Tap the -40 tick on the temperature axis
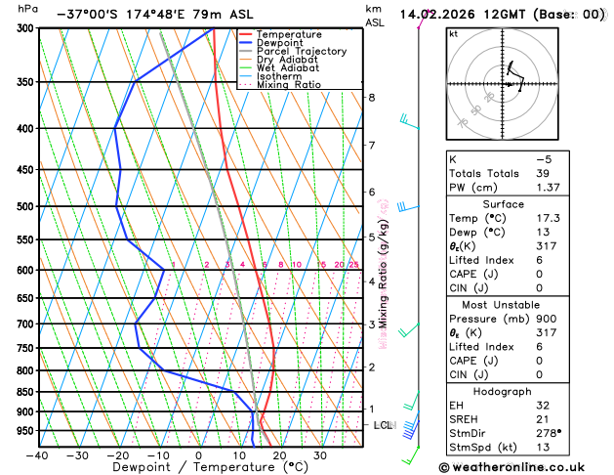(x=38, y=454)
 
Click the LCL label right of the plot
(x=384, y=425)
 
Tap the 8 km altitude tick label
(x=371, y=98)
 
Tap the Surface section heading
(x=516, y=203)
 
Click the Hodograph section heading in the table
(x=516, y=391)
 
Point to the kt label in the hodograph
(x=453, y=33)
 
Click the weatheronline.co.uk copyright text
(x=516, y=467)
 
